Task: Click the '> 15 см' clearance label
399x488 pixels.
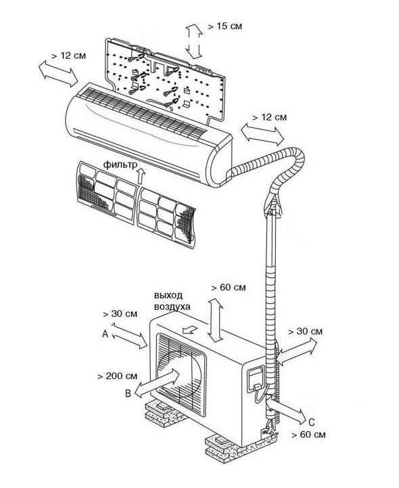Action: coord(225,26)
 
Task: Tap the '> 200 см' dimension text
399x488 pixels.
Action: coord(117,376)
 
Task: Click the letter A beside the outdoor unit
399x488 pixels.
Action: coord(105,334)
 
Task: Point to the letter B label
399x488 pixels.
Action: coord(128,393)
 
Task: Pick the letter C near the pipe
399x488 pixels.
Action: coord(312,422)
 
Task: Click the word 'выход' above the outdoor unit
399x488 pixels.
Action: coord(168,295)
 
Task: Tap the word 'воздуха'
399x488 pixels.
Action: coord(172,307)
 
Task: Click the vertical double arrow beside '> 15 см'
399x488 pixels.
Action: coord(194,41)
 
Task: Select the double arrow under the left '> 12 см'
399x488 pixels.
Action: coord(58,74)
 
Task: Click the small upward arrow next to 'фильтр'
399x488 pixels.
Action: coord(141,176)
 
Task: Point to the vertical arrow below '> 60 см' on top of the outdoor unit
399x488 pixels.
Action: coord(216,320)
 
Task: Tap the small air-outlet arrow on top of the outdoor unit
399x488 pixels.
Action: coord(190,330)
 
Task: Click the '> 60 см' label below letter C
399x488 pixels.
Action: coord(308,435)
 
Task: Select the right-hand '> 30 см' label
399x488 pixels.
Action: coord(305,332)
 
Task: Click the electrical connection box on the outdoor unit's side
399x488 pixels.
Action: coord(256,379)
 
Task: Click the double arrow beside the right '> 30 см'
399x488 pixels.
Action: coord(297,352)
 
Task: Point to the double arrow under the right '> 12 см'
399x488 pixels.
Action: coord(262,134)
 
